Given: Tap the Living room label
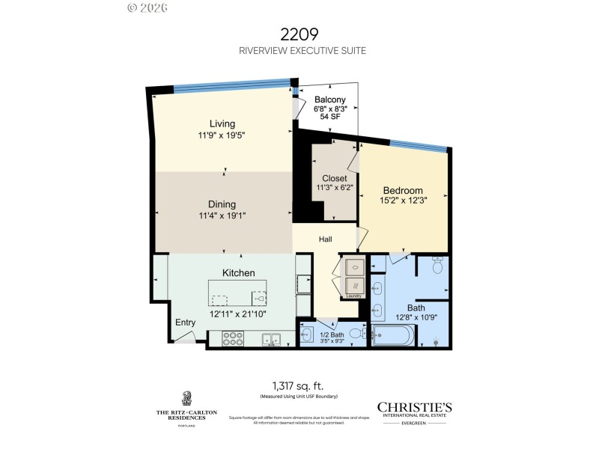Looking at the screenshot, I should (222, 123).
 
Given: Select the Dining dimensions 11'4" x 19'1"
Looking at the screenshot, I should (222, 215).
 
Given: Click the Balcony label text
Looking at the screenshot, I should (329, 100).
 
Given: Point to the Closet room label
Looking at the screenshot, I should (334, 178).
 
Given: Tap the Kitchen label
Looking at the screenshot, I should (238, 273).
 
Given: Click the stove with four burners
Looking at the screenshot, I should (232, 340).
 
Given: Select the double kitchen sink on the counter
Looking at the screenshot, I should (271, 340).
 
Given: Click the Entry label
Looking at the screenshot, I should (185, 323).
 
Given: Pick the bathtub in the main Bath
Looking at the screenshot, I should (392, 335).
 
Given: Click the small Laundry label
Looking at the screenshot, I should (354, 296).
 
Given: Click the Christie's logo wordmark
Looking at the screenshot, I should (414, 407).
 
